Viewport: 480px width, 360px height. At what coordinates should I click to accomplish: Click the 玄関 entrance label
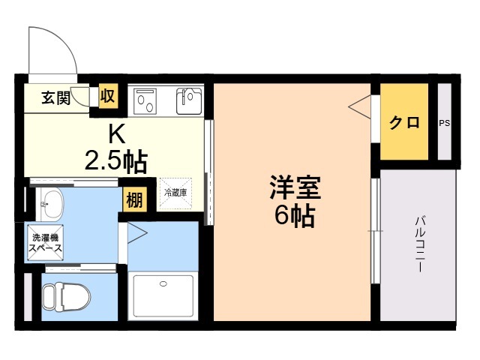point(56,97)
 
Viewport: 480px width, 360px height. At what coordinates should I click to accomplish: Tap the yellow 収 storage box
point(108,97)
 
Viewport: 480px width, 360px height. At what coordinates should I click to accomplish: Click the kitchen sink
point(189,100)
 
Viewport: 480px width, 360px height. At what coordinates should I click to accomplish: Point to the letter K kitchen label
point(118,135)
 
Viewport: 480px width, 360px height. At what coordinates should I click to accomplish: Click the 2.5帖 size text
point(115,162)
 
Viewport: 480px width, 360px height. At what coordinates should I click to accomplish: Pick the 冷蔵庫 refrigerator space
point(175,193)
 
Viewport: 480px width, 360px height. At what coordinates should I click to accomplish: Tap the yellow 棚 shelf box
point(135,200)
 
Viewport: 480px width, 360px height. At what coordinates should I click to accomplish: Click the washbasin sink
point(49,204)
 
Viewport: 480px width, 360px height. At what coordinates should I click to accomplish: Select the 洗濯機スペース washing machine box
point(45,242)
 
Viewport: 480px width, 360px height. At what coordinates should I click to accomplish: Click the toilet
point(67,297)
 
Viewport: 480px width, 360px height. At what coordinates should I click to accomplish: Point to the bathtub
point(163,296)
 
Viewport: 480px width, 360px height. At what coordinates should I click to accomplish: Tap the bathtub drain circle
point(163,283)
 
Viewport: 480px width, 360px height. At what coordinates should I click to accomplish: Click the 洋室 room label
point(295,187)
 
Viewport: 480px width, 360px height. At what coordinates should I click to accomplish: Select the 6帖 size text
point(295,216)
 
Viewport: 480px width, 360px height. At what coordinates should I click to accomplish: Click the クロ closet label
point(404,122)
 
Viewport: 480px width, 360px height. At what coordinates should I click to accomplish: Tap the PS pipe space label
point(445,123)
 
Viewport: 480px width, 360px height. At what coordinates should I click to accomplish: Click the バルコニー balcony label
point(420,244)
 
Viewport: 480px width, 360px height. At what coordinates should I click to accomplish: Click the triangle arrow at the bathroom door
point(137,233)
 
